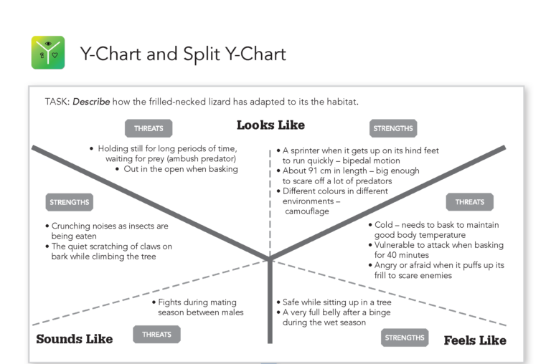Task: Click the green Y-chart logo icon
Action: pos(48,52)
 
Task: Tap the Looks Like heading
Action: pos(270,125)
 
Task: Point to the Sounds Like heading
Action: pos(74,339)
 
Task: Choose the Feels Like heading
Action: pos(474,340)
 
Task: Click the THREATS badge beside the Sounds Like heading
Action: pos(156,335)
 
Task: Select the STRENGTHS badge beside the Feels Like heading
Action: pos(405,338)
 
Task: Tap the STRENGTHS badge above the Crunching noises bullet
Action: pos(70,202)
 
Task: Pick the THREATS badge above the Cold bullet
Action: pos(469,202)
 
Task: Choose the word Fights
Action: pos(172,302)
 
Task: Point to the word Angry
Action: pos(388,266)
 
